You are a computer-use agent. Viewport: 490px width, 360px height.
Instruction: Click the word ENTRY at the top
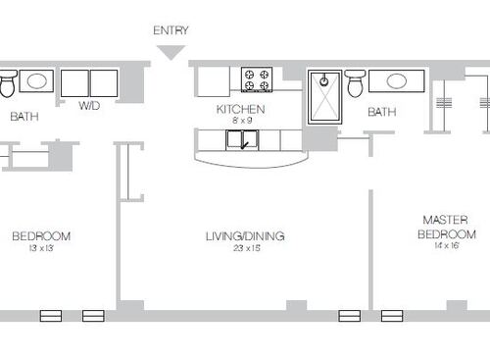[x=171, y=30]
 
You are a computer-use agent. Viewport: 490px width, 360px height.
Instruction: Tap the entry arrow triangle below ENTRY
[x=171, y=52]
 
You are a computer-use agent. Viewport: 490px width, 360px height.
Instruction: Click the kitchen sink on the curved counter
[x=242, y=140]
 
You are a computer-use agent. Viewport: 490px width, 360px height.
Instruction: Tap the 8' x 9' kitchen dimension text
[x=241, y=120]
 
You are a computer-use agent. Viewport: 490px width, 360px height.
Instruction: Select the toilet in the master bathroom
[x=356, y=83]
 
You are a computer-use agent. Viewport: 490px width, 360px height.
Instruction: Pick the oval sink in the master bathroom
[x=396, y=80]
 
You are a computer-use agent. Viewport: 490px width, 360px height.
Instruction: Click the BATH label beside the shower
[x=381, y=112]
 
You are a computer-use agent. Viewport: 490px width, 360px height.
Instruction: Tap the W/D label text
[x=88, y=106]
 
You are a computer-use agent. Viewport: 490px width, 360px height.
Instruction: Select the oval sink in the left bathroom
[x=37, y=81]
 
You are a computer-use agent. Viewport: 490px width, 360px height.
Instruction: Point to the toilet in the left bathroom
[x=7, y=85]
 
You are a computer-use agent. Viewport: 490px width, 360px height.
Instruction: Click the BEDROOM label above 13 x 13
[x=41, y=235]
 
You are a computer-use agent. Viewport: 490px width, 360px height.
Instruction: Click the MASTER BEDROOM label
[x=447, y=228]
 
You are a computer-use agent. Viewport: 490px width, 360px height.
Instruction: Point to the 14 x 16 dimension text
[x=447, y=247]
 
